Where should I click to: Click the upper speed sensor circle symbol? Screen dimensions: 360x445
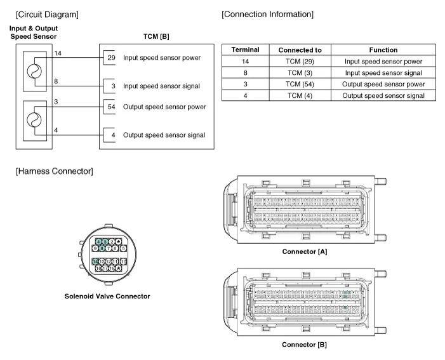pyautogui.click(x=33, y=70)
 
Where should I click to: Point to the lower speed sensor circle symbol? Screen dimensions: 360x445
pyautogui.click(x=33, y=119)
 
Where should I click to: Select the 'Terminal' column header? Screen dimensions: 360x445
pyautogui.click(x=245, y=50)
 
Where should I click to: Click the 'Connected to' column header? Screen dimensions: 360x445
pyautogui.click(x=300, y=50)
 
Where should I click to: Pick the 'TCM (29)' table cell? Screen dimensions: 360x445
pyautogui.click(x=300, y=61)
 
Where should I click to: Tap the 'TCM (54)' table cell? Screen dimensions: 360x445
pyautogui.click(x=300, y=84)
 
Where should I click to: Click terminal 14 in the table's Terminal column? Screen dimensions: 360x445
pyautogui.click(x=245, y=61)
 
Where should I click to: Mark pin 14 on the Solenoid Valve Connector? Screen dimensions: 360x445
pyautogui.click(x=95, y=262)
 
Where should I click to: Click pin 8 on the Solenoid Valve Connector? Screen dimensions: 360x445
pyautogui.click(x=102, y=248)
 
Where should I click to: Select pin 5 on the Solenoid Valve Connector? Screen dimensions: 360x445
pyautogui.click(x=124, y=248)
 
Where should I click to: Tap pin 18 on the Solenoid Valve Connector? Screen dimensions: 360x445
pyautogui.click(x=99, y=269)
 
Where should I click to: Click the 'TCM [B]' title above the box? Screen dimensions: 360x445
pyautogui.click(x=156, y=36)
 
